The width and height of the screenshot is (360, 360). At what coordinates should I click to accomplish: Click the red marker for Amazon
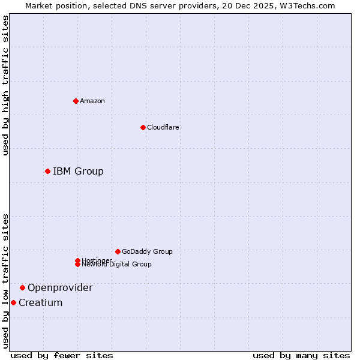[x=76, y=101]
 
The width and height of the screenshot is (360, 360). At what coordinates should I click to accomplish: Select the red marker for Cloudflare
[x=143, y=127]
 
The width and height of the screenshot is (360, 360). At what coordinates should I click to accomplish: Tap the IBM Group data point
[x=47, y=172]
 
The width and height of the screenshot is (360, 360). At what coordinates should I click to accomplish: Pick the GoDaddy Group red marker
[x=118, y=251]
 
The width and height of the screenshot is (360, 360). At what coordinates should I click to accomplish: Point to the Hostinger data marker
[x=77, y=260]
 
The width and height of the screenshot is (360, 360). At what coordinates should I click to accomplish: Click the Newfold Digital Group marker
[x=77, y=265]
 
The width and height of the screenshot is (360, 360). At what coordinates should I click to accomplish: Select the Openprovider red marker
[x=22, y=288]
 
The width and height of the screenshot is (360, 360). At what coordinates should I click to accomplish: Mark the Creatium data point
[x=13, y=302]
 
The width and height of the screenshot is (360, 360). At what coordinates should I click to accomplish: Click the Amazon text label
[x=92, y=101]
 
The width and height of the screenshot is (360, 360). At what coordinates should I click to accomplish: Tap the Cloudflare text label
[x=163, y=127]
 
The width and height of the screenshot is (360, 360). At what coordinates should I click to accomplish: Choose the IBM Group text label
[x=78, y=172]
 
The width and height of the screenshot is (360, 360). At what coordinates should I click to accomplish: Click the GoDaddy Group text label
[x=147, y=251]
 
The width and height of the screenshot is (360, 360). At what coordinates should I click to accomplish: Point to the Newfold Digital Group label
[x=116, y=265]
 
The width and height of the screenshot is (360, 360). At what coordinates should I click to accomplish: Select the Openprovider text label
[x=60, y=288]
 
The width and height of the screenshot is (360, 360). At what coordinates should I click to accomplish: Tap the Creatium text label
[x=40, y=303]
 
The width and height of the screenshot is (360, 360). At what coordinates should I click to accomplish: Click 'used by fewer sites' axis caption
[x=62, y=356]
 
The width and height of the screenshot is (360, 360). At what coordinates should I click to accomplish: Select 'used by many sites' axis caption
[x=301, y=356]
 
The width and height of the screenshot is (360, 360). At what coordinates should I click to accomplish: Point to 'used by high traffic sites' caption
[x=5, y=85]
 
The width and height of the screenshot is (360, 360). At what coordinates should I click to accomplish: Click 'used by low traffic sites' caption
[x=5, y=281]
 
